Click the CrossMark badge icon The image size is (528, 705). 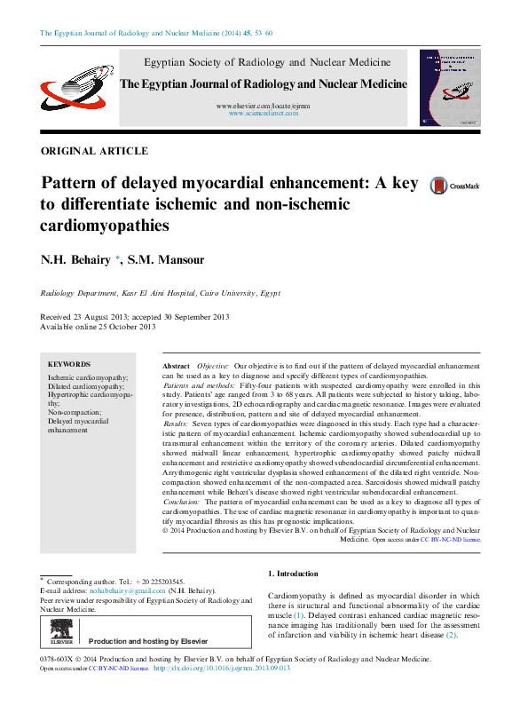point(454,186)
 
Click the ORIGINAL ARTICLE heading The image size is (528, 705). point(95,152)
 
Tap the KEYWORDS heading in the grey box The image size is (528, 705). point(69,364)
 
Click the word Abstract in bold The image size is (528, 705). point(176,366)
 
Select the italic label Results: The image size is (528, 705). point(176,425)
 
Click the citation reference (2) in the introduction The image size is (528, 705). point(451,635)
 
